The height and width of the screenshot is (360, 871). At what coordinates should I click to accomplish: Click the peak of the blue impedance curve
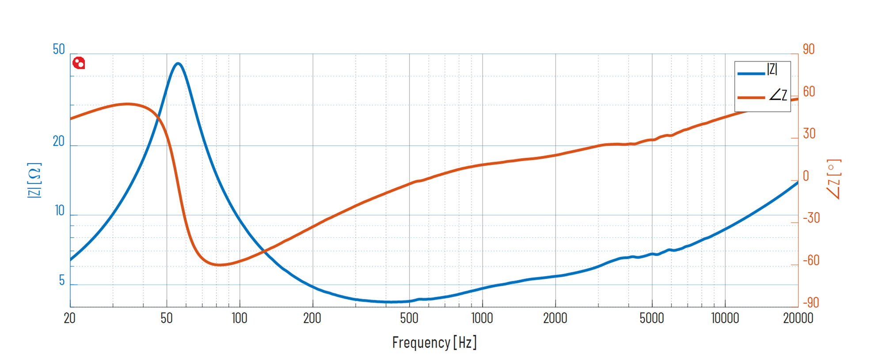(x=178, y=64)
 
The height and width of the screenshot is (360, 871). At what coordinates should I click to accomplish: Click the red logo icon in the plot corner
(x=79, y=63)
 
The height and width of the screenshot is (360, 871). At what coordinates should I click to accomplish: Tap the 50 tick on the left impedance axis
(x=59, y=49)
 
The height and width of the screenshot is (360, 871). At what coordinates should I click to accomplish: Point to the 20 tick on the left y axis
(x=59, y=141)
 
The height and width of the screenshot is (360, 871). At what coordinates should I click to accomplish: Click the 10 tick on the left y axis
(x=60, y=211)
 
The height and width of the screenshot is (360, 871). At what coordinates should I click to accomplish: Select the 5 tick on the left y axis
(x=62, y=280)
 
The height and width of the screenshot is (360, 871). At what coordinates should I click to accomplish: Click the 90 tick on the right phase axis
(x=809, y=49)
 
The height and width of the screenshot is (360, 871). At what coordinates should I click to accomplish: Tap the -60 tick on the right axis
(x=811, y=260)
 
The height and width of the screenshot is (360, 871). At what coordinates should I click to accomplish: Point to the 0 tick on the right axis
(x=806, y=176)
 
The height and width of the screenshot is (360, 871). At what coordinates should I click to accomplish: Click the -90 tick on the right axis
(x=811, y=303)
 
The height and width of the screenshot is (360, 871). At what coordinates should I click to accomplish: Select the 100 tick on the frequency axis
(x=240, y=318)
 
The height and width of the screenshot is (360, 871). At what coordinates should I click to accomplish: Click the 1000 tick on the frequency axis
(x=482, y=318)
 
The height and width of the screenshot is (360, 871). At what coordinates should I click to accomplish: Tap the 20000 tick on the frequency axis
(x=798, y=318)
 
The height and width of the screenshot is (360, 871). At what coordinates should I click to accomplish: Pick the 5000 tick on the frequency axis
(x=652, y=318)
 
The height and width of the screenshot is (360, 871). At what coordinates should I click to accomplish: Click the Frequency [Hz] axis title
(x=434, y=342)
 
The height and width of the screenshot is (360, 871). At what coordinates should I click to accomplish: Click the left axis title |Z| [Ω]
(x=34, y=180)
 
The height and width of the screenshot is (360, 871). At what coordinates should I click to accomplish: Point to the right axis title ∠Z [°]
(x=834, y=179)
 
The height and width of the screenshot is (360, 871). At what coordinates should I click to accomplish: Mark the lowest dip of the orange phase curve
(x=219, y=265)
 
